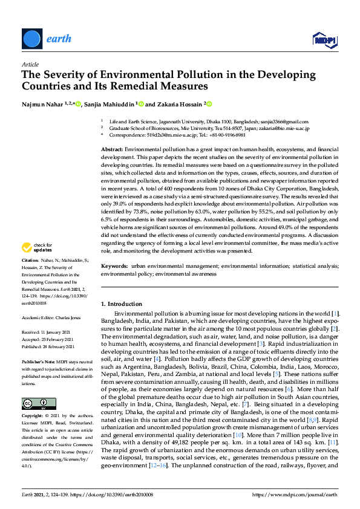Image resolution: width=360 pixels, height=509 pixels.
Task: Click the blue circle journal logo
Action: point(33,39)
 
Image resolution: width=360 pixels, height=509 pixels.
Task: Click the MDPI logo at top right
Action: point(324,40)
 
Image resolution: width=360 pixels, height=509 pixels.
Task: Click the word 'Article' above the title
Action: point(30,63)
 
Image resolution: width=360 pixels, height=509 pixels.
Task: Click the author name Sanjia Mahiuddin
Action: point(110,104)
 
